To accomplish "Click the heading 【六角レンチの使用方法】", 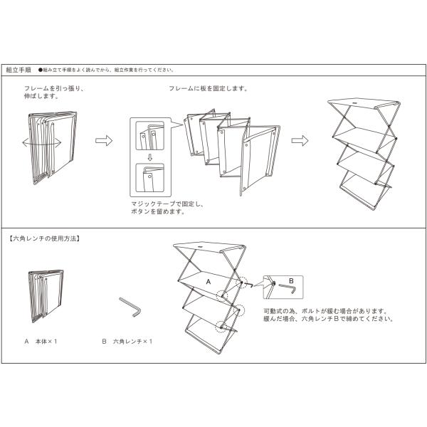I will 44,239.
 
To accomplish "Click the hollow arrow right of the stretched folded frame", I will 104,140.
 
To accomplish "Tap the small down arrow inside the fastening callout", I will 149,157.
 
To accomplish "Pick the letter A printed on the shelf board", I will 209,282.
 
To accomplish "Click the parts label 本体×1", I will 45,342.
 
